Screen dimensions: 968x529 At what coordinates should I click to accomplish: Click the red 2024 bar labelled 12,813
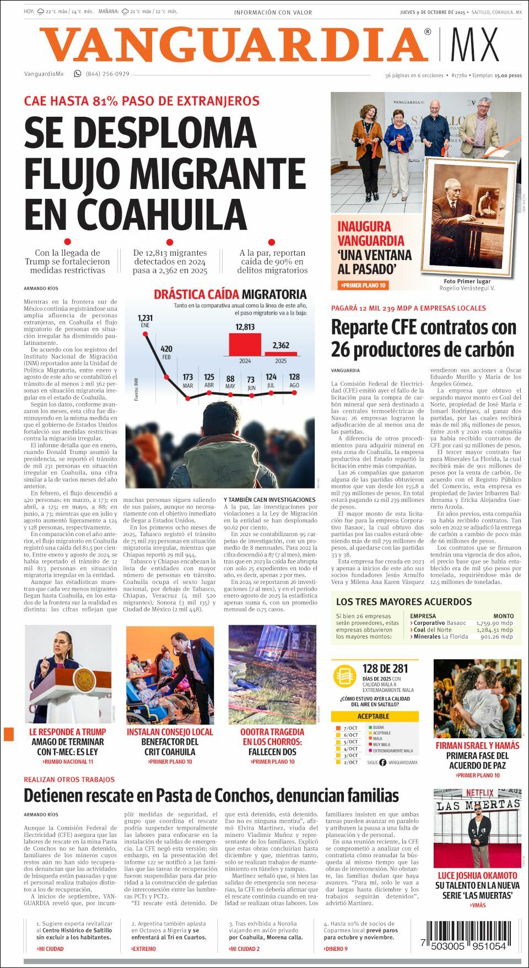tap(245, 344)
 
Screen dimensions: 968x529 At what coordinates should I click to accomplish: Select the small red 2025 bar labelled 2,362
tap(280, 353)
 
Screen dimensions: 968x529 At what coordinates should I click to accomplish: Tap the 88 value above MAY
tap(230, 379)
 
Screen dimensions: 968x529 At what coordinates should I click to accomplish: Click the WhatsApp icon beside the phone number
tap(78, 74)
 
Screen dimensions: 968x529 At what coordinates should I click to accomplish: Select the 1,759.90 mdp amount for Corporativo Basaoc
tap(494, 623)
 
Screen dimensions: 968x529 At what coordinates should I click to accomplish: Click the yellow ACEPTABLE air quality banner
tap(373, 716)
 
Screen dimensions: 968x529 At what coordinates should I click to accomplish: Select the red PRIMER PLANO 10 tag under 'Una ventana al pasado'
tap(364, 285)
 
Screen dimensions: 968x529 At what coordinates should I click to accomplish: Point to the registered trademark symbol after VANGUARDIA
tap(428, 33)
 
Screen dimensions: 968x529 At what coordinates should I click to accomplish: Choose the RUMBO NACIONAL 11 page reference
tap(68, 762)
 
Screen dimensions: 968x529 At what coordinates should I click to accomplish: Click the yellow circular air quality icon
tap(345, 675)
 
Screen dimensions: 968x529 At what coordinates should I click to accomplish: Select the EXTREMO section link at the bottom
tap(143, 949)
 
